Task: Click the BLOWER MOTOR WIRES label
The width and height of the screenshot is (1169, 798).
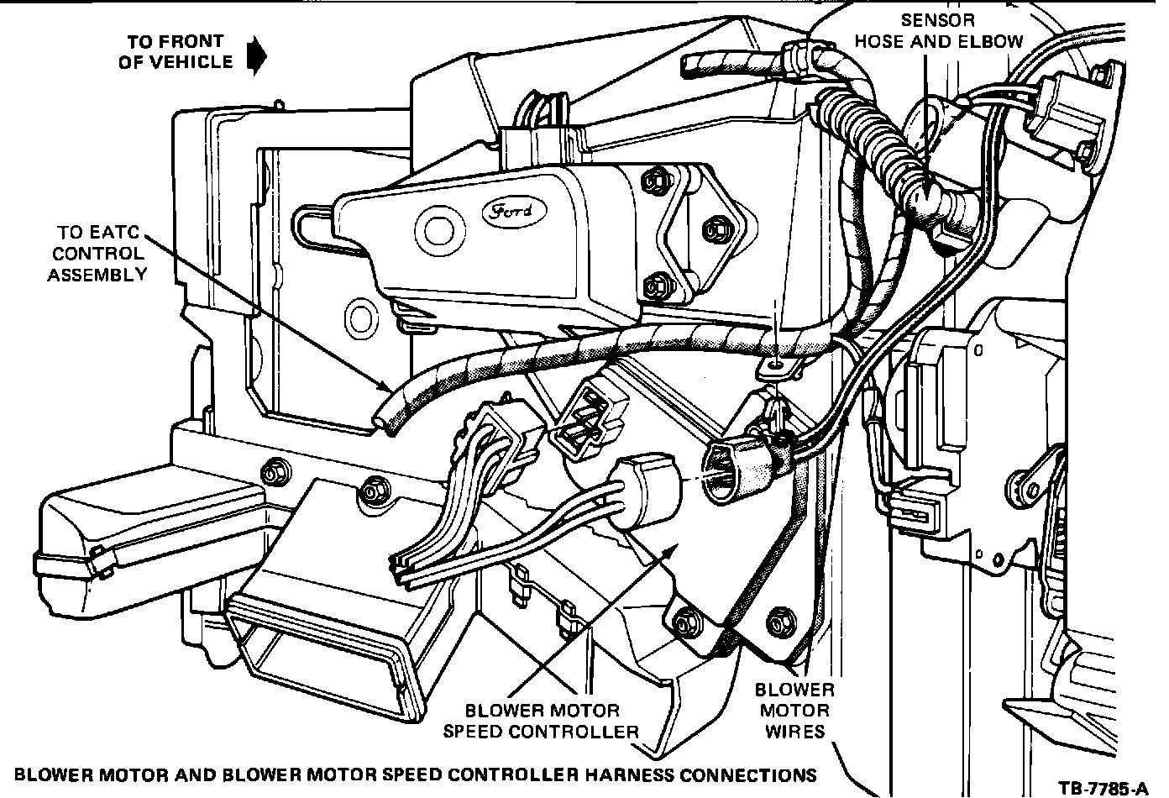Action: click(794, 711)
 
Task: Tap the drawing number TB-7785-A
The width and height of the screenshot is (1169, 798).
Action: click(1102, 787)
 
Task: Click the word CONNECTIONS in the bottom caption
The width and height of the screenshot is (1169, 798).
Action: click(749, 774)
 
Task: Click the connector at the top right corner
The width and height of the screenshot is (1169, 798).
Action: click(1067, 109)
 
